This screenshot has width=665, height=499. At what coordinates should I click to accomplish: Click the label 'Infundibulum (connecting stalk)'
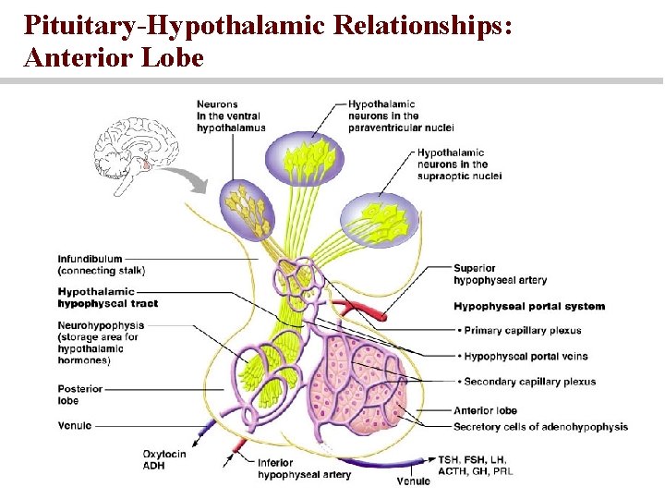[102, 264]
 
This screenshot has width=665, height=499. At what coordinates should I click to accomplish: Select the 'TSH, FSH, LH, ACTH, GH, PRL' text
[475, 465]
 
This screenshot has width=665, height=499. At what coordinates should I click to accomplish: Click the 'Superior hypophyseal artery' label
[500, 274]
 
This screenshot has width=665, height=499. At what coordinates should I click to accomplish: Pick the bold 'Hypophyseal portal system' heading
[529, 307]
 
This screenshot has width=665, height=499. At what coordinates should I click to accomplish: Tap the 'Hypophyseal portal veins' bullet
[522, 356]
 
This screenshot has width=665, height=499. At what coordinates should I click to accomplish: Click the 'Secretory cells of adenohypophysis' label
[540, 427]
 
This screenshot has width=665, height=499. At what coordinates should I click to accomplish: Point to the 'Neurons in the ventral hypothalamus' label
[231, 116]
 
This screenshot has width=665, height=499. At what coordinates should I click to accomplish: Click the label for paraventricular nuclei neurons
[401, 116]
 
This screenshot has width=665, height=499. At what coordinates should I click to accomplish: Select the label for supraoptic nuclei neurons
[459, 164]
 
